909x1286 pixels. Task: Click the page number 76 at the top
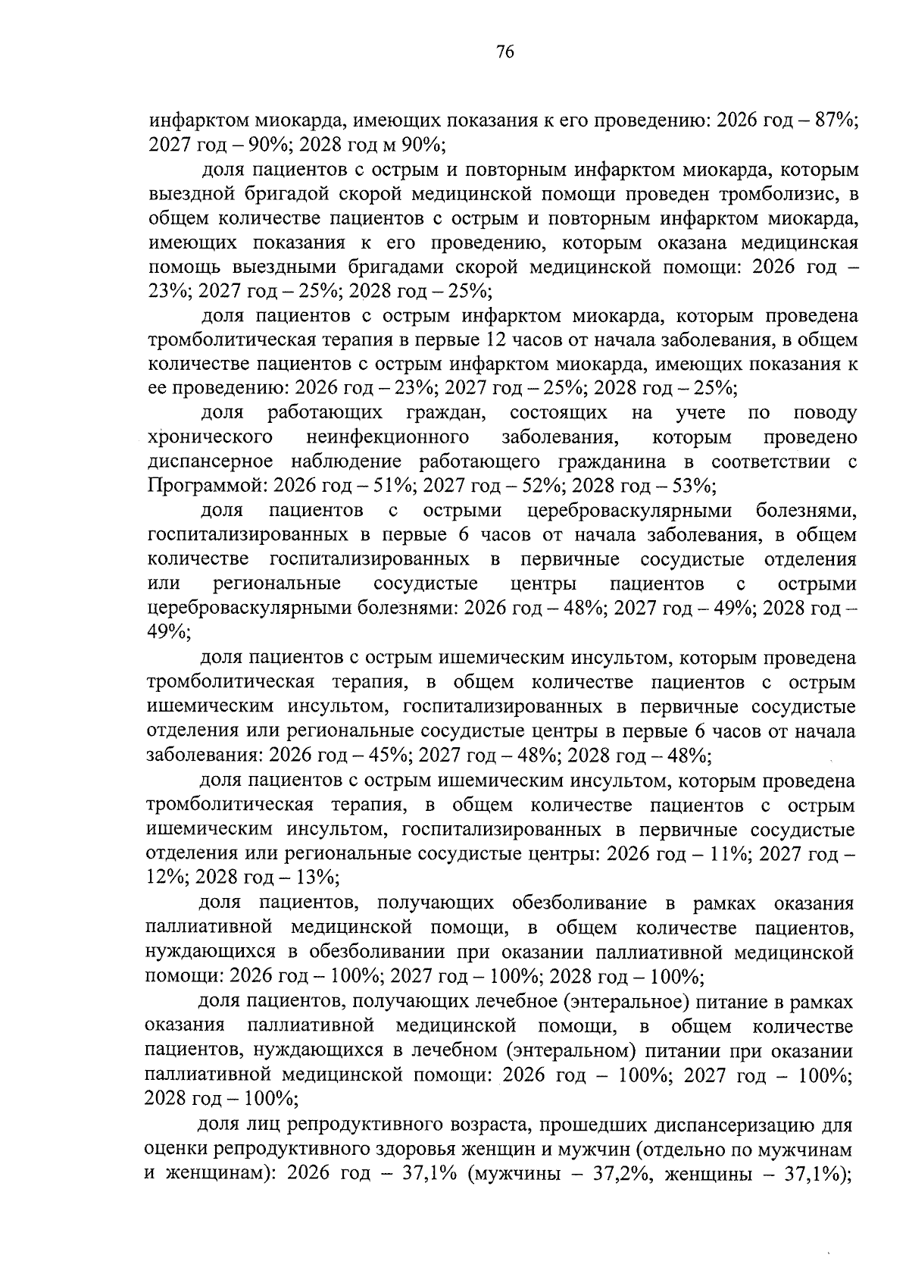click(505, 52)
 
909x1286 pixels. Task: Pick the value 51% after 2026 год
click(394, 486)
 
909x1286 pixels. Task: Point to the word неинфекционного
click(386, 437)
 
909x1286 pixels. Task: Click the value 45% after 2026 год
click(390, 755)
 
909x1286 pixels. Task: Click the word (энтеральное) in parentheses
click(624, 1002)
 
